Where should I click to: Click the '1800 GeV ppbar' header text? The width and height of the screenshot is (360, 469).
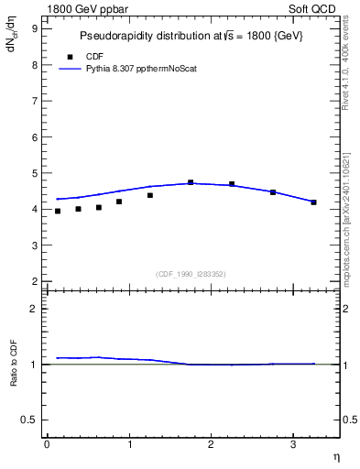coord(86,7)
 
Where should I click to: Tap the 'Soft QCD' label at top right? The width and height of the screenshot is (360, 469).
coord(314,7)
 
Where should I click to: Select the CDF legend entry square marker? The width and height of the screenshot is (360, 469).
coord(70,57)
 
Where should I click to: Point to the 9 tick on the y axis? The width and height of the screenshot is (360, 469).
coord(35,28)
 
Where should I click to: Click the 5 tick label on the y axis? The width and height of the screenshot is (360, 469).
coord(35,172)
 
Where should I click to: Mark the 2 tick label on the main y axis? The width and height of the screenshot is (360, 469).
coord(35,280)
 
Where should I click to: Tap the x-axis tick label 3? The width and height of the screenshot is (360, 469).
coord(292,444)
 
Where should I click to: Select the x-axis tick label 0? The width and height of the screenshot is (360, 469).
coord(47,444)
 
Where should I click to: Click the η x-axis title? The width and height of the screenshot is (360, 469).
coord(336,457)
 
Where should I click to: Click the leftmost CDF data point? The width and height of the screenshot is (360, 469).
coord(58,211)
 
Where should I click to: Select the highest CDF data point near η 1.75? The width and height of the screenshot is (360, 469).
coord(191,182)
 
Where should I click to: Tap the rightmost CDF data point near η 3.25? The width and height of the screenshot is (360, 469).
coord(313,202)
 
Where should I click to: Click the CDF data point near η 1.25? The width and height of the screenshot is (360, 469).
coord(149,195)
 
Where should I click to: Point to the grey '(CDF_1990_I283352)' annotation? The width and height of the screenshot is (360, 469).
coord(191,274)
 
